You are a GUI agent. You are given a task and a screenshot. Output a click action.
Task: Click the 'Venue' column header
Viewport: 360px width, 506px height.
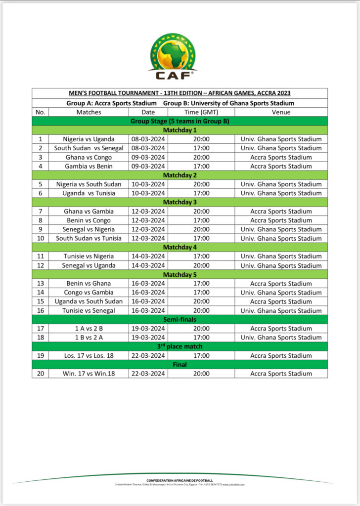click(x=281, y=112)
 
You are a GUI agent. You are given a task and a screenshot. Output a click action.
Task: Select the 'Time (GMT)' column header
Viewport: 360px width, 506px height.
click(x=201, y=112)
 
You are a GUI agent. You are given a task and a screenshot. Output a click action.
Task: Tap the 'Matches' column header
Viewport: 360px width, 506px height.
click(x=89, y=112)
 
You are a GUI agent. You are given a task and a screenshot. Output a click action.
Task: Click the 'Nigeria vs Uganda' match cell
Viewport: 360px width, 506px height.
click(x=89, y=139)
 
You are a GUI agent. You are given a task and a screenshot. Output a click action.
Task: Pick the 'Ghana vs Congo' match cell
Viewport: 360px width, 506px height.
click(x=89, y=157)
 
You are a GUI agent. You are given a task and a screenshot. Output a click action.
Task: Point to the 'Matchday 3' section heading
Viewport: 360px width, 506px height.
click(x=180, y=202)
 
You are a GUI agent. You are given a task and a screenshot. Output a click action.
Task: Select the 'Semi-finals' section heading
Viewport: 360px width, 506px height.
click(x=180, y=320)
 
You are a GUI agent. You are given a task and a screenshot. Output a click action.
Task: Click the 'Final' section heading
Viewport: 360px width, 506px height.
click(x=180, y=365)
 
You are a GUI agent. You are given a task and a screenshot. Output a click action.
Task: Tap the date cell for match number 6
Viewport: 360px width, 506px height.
click(x=148, y=193)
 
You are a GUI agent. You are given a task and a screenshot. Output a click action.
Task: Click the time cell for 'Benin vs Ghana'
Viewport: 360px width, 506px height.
click(x=201, y=284)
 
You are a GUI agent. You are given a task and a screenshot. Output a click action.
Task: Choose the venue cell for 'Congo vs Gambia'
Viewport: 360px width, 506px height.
click(x=281, y=293)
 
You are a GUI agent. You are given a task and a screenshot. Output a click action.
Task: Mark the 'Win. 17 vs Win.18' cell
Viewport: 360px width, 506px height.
click(x=89, y=374)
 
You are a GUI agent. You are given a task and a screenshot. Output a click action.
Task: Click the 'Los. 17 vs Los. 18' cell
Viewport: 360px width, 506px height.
click(x=89, y=356)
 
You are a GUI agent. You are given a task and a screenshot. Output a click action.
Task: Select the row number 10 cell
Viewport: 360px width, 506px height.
click(x=40, y=239)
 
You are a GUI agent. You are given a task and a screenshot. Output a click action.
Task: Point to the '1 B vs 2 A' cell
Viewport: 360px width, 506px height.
click(x=89, y=337)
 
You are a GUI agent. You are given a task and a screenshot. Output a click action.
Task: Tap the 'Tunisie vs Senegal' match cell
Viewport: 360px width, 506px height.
click(x=89, y=311)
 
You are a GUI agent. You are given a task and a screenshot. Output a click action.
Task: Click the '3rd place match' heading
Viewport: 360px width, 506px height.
click(x=180, y=346)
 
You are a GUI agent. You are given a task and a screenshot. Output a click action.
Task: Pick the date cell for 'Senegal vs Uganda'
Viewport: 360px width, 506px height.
click(x=148, y=265)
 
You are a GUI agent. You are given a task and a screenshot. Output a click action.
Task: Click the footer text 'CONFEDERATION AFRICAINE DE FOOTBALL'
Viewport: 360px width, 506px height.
click(x=180, y=480)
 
